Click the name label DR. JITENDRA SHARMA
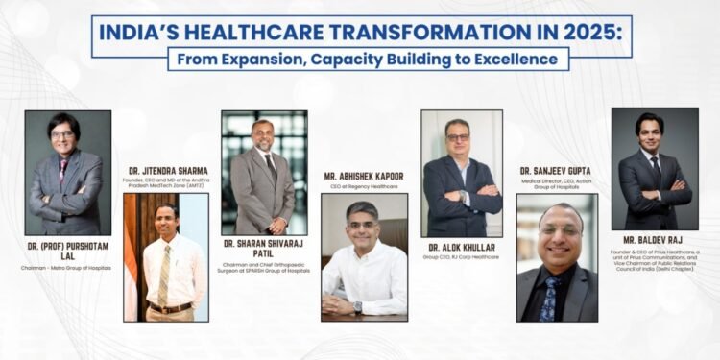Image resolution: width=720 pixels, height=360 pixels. [164, 171]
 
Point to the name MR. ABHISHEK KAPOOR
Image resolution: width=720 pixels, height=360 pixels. [365, 176]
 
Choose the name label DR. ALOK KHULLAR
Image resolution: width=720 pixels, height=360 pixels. [461, 247]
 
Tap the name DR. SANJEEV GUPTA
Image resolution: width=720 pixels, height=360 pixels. [557, 170]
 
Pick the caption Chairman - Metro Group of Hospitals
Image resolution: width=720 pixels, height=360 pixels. [68, 267]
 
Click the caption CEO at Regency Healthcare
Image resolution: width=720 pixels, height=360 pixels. [364, 186]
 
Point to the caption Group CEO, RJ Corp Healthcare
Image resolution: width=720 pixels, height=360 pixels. [461, 257]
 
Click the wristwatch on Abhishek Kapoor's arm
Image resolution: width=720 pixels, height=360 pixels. [357, 307]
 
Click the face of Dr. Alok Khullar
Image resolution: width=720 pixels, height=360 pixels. [459, 135]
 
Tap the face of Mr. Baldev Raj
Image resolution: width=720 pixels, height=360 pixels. [650, 129]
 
